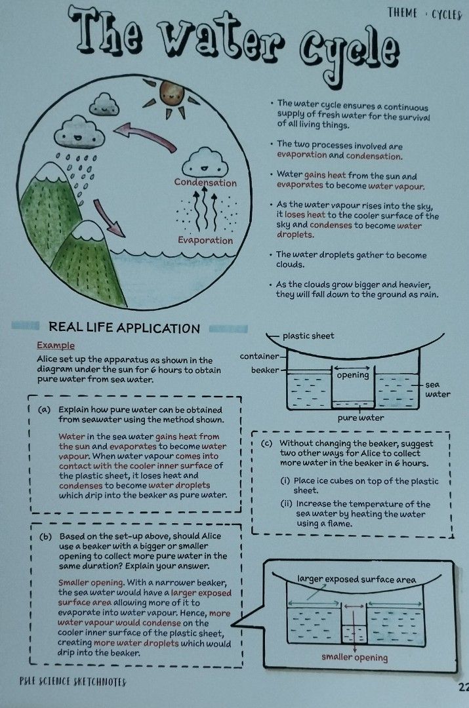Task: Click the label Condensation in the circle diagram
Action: pyautogui.click(x=205, y=183)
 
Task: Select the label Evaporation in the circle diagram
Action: pyautogui.click(x=205, y=240)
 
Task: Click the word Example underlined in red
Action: pyautogui.click(x=56, y=345)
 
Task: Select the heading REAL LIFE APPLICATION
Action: pyautogui.click(x=124, y=328)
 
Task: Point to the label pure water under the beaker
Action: pyautogui.click(x=361, y=417)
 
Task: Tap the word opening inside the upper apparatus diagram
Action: pyautogui.click(x=353, y=376)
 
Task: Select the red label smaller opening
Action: pyautogui.click(x=355, y=658)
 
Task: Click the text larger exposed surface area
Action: pyautogui.click(x=357, y=580)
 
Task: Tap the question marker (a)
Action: pyautogui.click(x=45, y=409)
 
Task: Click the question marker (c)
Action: pyautogui.click(x=266, y=444)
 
